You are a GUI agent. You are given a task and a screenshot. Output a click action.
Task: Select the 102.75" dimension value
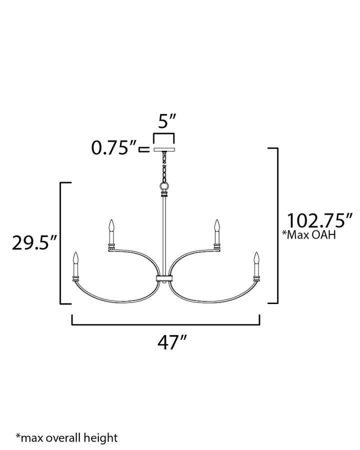pyautogui.click(x=319, y=220)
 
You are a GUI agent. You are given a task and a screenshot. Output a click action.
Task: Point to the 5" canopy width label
pyautogui.click(x=167, y=121)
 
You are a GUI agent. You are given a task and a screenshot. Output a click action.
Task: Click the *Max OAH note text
pyautogui.click(x=309, y=235)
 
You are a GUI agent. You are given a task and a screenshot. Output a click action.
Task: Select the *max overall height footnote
pyautogui.click(x=66, y=438)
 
